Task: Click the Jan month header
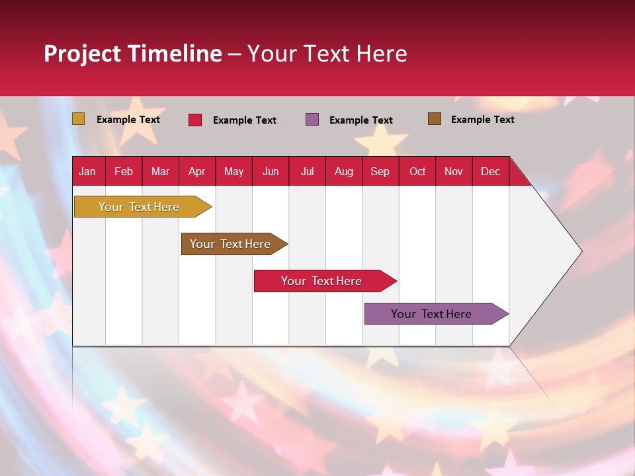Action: click(87, 172)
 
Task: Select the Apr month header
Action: click(196, 172)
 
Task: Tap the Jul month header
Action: click(307, 172)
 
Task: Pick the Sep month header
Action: click(380, 172)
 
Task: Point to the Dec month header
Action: click(490, 172)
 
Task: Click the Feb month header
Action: click(124, 172)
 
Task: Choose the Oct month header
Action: click(417, 172)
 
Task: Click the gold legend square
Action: click(79, 119)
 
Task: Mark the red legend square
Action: click(195, 120)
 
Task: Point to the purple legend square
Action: click(312, 120)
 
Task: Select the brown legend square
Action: click(435, 119)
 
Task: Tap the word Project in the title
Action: click(81, 54)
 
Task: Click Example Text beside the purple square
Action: click(360, 120)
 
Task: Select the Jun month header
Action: click(270, 172)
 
